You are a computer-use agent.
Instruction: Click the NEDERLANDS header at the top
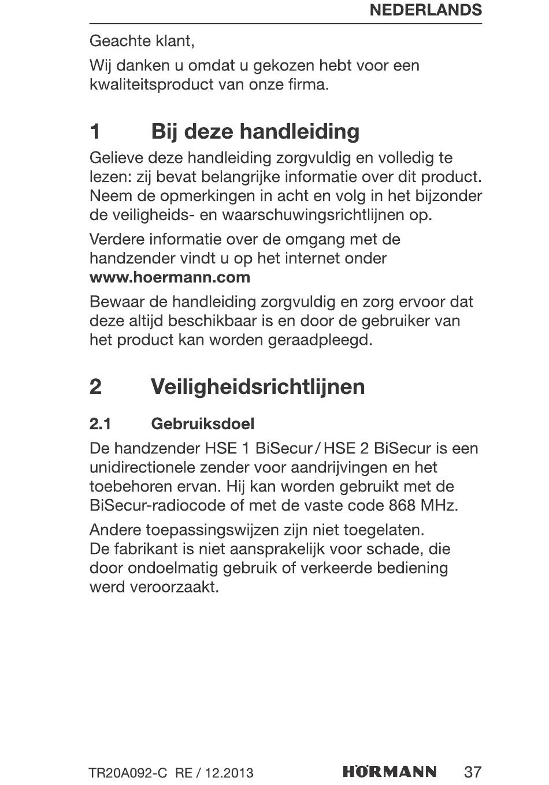pos(425,10)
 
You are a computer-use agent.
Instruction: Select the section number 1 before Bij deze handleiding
pos(95,132)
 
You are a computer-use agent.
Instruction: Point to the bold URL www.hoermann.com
pos(170,277)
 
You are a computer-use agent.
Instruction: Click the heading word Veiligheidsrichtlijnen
pos(258,386)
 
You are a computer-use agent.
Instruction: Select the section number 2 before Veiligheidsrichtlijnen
pos(96,386)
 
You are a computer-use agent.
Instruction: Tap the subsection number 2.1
pos(100,424)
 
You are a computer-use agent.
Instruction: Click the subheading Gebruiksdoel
pos(202,424)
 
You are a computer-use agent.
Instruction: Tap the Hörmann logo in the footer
pos(390,772)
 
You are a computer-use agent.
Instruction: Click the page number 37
pos(472,772)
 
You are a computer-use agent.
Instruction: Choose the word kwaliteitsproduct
pos(151,84)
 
